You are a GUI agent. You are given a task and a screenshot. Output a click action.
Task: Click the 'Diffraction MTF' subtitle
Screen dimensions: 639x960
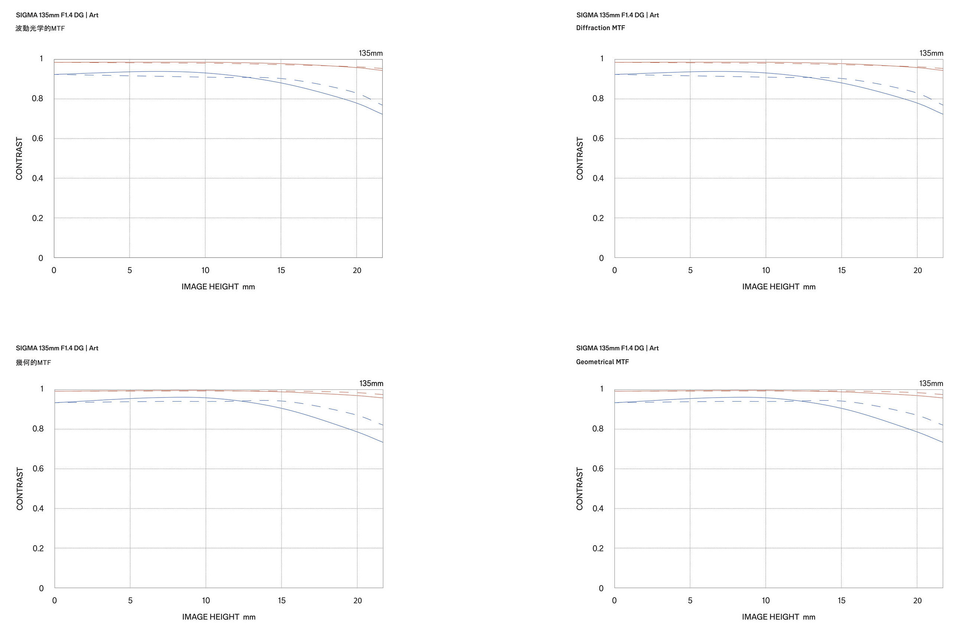tap(600, 28)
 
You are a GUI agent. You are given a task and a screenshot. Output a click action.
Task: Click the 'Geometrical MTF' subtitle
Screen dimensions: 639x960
tap(602, 362)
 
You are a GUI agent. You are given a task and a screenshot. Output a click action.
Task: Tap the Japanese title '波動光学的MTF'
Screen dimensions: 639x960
tap(40, 28)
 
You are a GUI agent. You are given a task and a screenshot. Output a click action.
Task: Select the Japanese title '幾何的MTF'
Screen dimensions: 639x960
tap(33, 362)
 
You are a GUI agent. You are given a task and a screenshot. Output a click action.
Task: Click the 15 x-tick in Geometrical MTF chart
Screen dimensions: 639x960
tap(841, 600)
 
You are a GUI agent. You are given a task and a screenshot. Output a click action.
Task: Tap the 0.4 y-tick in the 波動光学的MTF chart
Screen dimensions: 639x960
tap(37, 178)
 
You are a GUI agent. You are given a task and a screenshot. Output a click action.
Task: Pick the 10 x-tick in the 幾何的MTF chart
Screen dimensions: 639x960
tap(206, 600)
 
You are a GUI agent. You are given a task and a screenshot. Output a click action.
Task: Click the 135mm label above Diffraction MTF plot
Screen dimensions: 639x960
tap(931, 53)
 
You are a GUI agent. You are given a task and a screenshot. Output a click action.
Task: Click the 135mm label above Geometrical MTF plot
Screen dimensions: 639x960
tap(931, 383)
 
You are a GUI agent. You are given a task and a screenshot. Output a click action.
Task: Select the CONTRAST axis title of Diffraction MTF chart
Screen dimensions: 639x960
tap(580, 158)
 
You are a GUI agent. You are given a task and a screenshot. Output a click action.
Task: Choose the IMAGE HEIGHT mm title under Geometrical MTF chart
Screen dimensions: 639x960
tap(778, 617)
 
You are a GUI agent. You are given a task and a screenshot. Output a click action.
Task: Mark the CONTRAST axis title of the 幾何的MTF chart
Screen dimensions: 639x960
tap(20, 489)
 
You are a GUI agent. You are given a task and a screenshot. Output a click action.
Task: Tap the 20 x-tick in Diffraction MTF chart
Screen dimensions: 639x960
tap(917, 270)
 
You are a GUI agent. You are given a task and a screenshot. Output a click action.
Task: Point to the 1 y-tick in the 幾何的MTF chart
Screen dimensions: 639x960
tap(42, 389)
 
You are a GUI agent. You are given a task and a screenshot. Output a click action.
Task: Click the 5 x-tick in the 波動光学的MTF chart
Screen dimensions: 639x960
tap(130, 270)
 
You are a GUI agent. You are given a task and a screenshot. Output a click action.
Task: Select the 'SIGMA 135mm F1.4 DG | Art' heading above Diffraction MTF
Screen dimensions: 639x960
tap(617, 15)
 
